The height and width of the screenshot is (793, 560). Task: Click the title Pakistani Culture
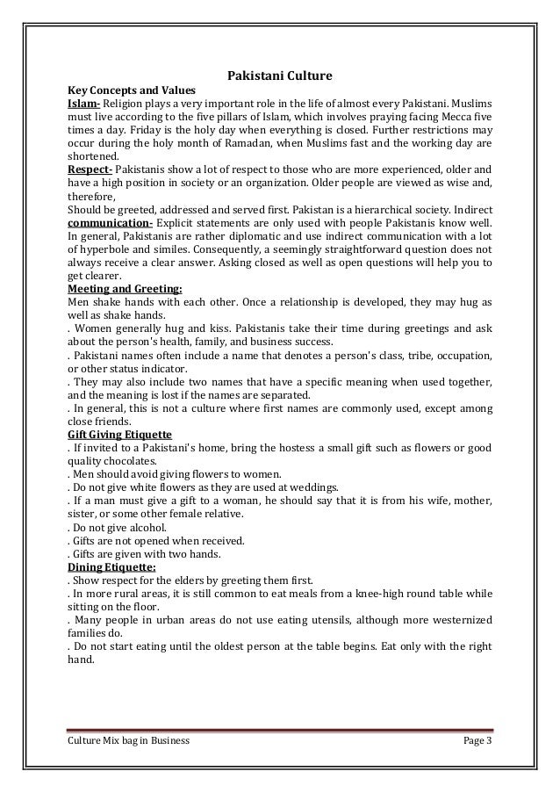pos(280,76)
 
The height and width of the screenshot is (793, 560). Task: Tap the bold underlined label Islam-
pos(85,102)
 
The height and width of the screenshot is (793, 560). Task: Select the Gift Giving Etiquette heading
pos(120,434)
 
